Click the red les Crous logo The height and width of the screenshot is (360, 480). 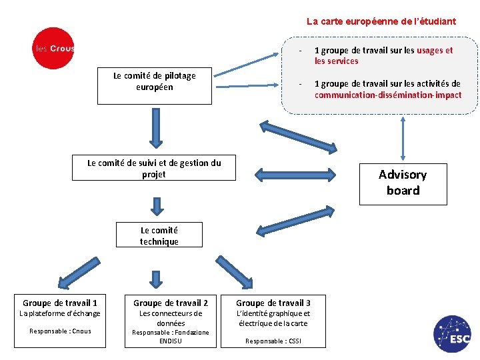[53, 48]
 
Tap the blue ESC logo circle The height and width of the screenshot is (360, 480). [452, 334]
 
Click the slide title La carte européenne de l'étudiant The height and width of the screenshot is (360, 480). [381, 21]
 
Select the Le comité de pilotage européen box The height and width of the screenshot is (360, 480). [155, 85]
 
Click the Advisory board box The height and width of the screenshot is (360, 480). [403, 183]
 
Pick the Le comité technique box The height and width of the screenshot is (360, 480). [159, 235]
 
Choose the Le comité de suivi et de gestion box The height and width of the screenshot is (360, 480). [154, 168]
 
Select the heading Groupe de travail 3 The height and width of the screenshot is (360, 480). [273, 303]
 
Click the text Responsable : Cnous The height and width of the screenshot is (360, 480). [60, 331]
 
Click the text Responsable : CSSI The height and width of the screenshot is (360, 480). [272, 341]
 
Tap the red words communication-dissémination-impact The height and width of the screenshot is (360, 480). [388, 95]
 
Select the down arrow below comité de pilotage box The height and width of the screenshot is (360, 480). [156, 128]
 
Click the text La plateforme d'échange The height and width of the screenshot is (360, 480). [60, 313]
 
